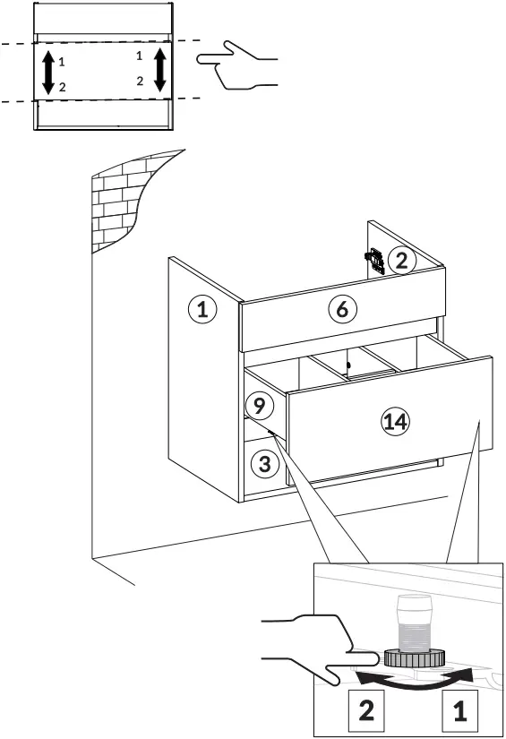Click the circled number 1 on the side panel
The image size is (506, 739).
[202, 311]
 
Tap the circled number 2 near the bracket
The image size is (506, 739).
[402, 261]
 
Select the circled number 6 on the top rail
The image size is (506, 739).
[341, 309]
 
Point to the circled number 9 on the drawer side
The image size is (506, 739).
[258, 406]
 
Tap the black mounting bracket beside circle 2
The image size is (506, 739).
[374, 261]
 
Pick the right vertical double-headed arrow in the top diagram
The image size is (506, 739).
[159, 70]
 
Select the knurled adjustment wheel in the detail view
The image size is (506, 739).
[414, 656]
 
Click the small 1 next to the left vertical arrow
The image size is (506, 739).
[62, 62]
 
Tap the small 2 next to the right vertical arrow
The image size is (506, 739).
[140, 81]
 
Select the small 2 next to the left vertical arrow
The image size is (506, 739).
[62, 87]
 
